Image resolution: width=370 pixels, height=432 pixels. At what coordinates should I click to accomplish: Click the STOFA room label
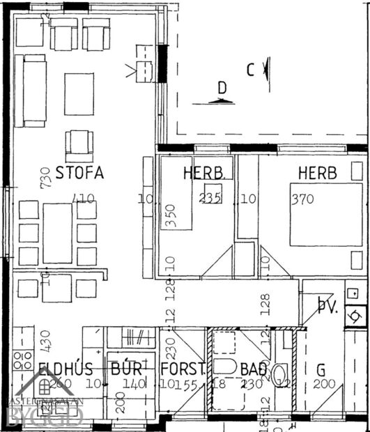79,173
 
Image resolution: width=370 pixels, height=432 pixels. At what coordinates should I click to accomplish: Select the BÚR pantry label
126,368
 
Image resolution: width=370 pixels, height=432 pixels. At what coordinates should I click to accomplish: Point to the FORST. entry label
183,368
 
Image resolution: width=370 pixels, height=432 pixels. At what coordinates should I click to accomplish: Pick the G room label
320,368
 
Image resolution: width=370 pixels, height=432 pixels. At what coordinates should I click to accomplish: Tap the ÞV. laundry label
327,305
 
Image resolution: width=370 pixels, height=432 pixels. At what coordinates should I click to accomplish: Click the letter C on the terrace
250,69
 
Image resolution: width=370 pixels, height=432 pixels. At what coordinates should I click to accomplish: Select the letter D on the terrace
222,88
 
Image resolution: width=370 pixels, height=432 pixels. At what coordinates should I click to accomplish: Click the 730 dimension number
47,178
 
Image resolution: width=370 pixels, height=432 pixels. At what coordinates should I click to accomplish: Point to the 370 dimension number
303,199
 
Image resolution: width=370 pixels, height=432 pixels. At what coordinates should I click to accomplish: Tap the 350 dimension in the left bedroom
167,217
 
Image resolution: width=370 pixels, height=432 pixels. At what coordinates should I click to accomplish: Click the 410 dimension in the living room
84,199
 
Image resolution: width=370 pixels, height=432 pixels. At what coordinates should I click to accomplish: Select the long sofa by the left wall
30,91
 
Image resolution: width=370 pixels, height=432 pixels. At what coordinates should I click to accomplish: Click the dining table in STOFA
57,233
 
